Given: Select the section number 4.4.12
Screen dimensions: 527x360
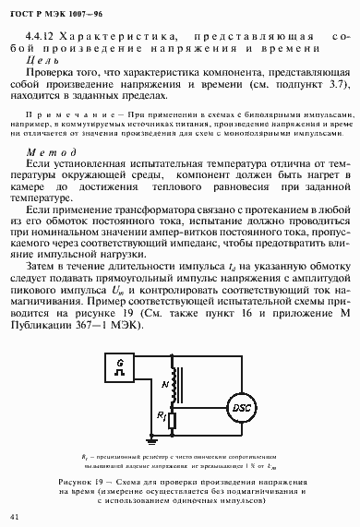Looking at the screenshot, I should pyautogui.click(x=43, y=36).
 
